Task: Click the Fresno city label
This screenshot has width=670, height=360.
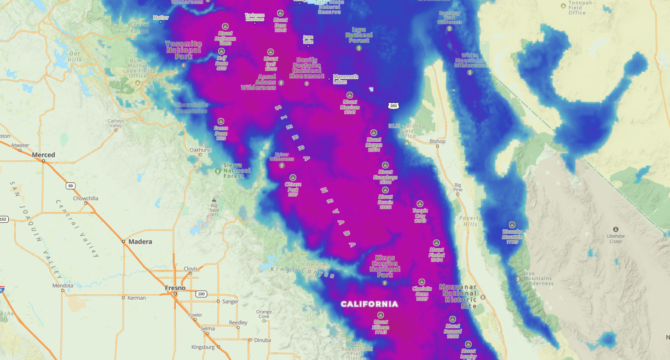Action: tap(175, 288)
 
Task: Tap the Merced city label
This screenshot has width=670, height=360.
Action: tap(43, 155)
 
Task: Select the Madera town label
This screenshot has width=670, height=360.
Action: tap(140, 242)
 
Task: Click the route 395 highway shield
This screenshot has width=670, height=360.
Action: tap(393, 106)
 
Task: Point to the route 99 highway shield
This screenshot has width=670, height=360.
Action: tap(70, 186)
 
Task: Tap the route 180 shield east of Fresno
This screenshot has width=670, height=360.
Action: tap(201, 294)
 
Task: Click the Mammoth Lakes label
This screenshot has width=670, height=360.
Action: tap(346, 79)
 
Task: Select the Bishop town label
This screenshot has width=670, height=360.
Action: tap(437, 141)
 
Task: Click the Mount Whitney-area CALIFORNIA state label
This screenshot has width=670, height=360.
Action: tap(369, 304)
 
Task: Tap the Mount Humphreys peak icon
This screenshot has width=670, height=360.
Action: tap(385, 165)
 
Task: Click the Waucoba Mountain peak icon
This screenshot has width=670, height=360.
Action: tap(512, 225)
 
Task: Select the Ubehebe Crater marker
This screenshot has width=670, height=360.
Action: tap(616, 229)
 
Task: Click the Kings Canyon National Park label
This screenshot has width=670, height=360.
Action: tap(385, 266)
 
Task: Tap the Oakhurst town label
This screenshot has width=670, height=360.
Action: tap(201, 150)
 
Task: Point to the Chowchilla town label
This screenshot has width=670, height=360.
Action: tap(86, 198)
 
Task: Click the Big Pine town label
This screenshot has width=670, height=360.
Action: tap(457, 186)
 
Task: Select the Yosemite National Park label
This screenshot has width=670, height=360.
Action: tap(184, 50)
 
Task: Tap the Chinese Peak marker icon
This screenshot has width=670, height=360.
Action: tap(293, 177)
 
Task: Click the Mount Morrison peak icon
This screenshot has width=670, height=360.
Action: tap(349, 95)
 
